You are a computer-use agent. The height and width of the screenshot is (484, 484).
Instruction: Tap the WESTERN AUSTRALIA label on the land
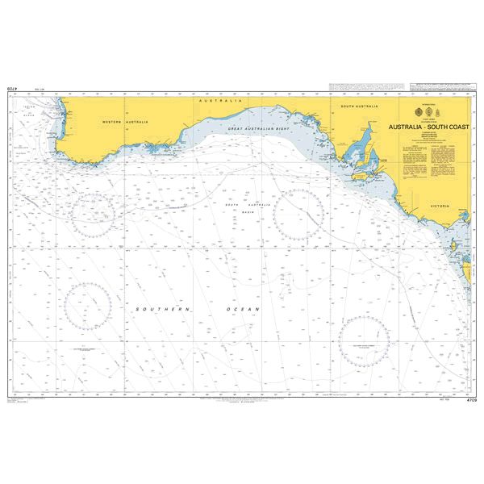click(x=126, y=121)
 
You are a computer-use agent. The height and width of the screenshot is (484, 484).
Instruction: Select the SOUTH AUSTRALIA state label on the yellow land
click(x=359, y=106)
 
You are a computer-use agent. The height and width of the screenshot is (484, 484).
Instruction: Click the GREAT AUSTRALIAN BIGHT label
click(x=258, y=129)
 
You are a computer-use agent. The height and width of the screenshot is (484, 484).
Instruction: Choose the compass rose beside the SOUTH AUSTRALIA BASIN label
click(x=299, y=214)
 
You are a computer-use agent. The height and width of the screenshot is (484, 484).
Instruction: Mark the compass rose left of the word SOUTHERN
click(x=88, y=307)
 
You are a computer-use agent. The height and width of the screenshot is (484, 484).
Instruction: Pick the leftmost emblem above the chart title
click(x=417, y=113)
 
